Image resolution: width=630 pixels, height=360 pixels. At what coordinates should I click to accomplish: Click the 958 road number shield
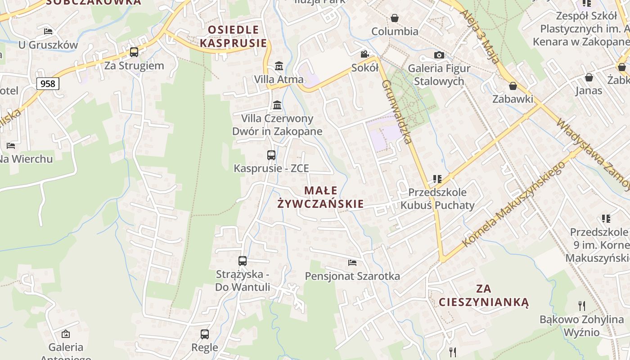point(48,83)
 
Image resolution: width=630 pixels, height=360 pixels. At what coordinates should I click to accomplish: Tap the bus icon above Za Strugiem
point(134,52)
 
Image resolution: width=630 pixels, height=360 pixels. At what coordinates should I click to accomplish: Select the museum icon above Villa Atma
point(279,66)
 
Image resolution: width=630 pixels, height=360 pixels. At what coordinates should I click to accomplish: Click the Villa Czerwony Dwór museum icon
point(277,105)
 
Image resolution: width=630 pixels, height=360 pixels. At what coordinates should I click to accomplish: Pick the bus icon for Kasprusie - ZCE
point(271,155)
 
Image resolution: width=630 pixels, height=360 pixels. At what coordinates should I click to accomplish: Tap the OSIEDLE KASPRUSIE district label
point(233,36)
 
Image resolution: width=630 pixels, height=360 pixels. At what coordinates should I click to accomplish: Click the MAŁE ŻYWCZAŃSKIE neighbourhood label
point(320,197)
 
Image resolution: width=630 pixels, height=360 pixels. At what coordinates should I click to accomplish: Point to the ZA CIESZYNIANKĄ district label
point(484,295)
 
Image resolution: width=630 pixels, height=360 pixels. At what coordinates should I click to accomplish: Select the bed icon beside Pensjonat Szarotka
point(352,262)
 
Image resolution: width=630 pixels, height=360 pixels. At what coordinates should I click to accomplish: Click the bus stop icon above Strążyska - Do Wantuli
point(243,261)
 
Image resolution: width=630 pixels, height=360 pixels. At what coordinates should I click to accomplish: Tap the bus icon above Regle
point(205,334)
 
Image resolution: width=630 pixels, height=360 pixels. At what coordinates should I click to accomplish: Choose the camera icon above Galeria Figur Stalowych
point(439,55)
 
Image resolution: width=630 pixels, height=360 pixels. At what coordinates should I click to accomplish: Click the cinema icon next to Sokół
point(364,54)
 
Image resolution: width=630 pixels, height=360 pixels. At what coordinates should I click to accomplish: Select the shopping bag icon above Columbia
point(395,18)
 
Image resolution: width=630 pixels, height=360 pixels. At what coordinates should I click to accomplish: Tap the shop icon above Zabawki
point(513,86)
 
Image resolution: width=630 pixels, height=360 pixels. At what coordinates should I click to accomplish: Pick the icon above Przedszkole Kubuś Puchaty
point(437,179)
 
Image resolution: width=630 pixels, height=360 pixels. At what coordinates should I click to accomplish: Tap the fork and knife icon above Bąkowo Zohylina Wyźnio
point(582,306)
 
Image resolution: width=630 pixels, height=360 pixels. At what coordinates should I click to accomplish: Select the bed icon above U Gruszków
point(48,31)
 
